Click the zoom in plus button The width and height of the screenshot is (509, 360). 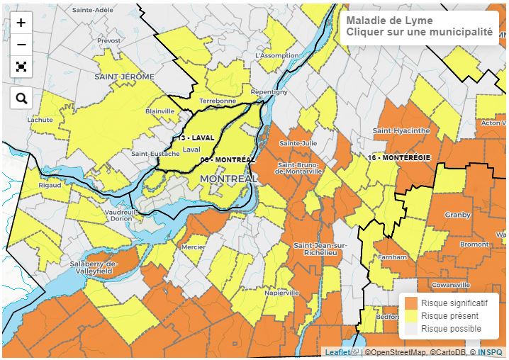point(21,23)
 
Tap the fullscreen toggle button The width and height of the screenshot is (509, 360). point(21,67)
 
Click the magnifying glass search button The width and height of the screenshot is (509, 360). point(21,99)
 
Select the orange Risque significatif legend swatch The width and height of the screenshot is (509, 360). point(411,303)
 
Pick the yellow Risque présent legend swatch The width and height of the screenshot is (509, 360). point(411,316)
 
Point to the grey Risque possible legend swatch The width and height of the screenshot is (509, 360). point(411,329)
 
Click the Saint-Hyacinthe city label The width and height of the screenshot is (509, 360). point(401,130)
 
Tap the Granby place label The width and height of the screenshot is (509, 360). point(457,215)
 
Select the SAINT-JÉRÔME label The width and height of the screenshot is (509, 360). point(125,76)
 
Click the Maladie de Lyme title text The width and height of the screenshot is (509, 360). point(389,21)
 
